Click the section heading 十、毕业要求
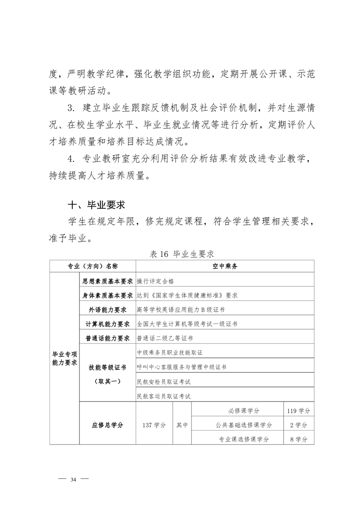96,205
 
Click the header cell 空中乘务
225,266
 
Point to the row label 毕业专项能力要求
64,358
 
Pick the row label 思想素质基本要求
107,281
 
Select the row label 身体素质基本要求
107,295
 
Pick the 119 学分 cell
298,411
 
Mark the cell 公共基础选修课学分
244,425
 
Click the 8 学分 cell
298,439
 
